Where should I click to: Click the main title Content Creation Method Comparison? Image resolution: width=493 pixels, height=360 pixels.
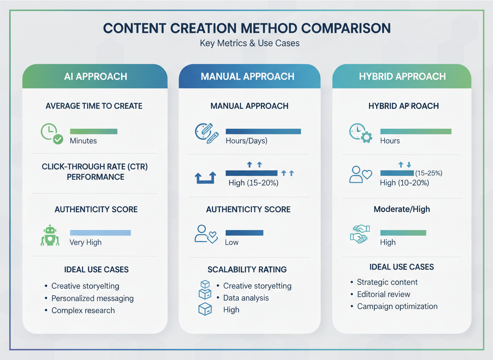click(x=246, y=28)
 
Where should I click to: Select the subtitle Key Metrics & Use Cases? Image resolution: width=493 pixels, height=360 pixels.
click(x=249, y=43)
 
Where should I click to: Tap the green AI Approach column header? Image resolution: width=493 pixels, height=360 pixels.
click(x=95, y=77)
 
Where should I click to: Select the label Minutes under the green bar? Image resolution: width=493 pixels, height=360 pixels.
click(x=83, y=141)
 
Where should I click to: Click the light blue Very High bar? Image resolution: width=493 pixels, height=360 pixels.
click(x=100, y=233)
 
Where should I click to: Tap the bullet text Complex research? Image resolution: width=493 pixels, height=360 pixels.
click(x=83, y=310)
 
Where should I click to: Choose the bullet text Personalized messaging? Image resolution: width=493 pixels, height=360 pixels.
click(x=92, y=298)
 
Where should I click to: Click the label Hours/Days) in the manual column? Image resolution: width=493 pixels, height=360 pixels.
click(x=246, y=141)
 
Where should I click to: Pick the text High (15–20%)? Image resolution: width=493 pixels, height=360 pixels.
click(x=254, y=183)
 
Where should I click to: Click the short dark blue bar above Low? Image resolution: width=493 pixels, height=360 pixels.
click(x=244, y=233)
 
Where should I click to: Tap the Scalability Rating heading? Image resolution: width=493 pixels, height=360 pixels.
click(x=247, y=270)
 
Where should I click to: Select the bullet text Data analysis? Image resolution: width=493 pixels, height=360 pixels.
click(x=246, y=298)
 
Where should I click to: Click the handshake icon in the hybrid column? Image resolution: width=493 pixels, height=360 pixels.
click(x=359, y=234)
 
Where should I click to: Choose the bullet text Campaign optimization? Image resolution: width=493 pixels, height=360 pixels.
click(x=397, y=306)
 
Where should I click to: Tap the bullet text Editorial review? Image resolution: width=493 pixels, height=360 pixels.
click(x=383, y=294)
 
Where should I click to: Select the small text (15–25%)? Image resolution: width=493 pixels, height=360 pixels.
click(x=428, y=173)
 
